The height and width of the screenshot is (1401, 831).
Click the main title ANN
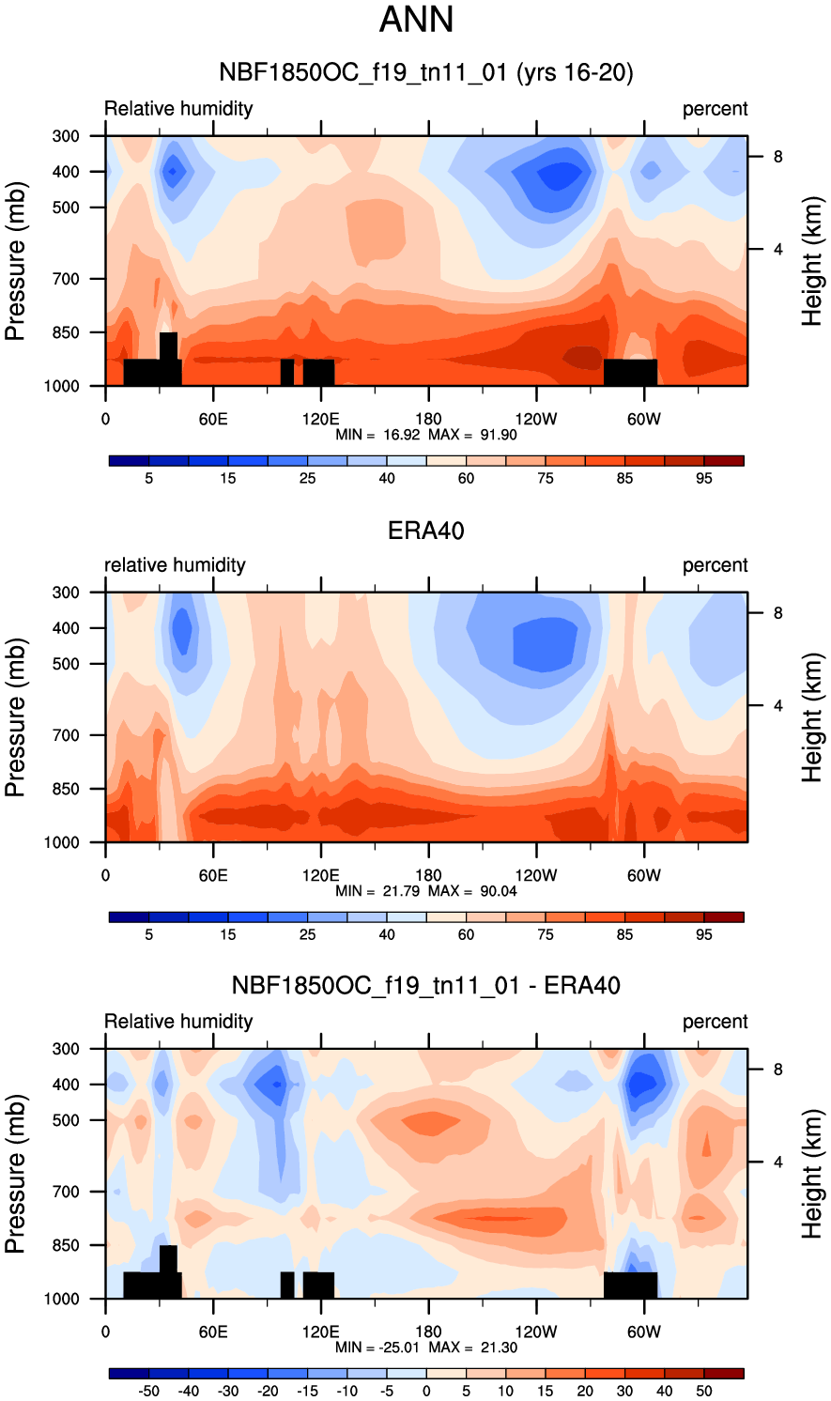pos(416,20)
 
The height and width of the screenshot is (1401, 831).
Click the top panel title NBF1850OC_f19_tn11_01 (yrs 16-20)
pos(425,72)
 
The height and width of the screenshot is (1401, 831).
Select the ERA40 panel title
pos(425,531)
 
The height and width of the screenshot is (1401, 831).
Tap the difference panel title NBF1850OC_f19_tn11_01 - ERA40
pos(425,986)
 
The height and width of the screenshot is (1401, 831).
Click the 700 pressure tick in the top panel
pos(66,279)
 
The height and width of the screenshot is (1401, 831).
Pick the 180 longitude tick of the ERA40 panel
pos(428,876)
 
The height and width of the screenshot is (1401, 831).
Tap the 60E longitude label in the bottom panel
pos(213,1332)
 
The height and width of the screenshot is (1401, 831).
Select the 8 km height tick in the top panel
pos(777,157)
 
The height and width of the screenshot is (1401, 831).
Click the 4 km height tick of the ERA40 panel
pos(777,706)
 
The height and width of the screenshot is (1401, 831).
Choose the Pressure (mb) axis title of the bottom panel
pos(15,1174)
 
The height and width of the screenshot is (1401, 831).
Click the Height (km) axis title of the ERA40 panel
pos(811,717)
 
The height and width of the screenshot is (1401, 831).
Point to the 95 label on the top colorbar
pos(704,479)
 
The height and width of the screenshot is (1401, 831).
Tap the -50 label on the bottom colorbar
pos(148,1392)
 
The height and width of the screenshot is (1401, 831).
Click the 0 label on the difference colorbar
pos(426,1392)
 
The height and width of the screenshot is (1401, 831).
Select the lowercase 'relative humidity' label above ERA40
pos(175,565)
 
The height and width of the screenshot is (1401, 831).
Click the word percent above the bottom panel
pos(715,1022)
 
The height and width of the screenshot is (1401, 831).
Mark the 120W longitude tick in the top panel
pos(536,420)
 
